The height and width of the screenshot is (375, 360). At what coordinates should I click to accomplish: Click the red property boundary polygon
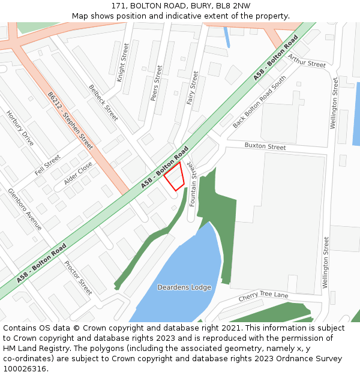175,176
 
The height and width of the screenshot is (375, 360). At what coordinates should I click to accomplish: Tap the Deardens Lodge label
184,287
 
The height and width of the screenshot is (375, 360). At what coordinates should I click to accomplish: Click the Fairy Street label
193,88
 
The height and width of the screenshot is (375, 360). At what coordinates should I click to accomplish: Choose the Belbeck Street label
103,103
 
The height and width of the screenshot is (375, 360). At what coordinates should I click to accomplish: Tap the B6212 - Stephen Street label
70,121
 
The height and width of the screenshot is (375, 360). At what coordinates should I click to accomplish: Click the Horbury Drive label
20,128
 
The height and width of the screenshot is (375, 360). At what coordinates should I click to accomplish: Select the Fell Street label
47,164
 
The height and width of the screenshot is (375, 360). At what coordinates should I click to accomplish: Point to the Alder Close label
79,173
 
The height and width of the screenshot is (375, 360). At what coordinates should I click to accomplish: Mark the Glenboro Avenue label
25,209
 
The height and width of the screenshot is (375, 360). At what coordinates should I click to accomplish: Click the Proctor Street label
78,277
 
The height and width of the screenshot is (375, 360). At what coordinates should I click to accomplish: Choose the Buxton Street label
265,146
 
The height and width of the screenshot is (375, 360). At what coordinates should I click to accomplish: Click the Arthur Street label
306,61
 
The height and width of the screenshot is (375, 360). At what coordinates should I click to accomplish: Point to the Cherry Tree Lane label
263,296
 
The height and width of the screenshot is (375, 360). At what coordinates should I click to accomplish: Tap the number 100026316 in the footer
24,368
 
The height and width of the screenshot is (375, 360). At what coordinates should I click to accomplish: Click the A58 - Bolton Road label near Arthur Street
275,58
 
